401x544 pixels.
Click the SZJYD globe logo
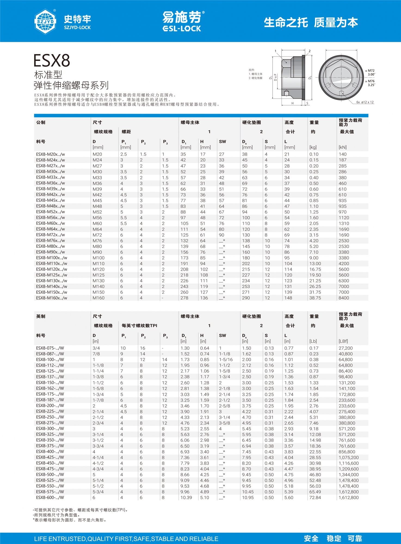tap(45, 21)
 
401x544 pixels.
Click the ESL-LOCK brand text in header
tap(182, 29)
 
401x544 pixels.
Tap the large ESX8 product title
tap(52, 60)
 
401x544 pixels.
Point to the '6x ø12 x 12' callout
tap(365, 102)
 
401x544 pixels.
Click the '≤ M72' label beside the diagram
tap(370, 71)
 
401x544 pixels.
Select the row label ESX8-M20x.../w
tap(50, 154)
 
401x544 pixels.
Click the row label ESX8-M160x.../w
tap(51, 298)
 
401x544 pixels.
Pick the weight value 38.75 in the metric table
tap(315, 298)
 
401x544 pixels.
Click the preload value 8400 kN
tap(344, 298)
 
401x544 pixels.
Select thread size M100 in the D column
tap(98, 258)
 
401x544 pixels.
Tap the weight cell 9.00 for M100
tap(314, 258)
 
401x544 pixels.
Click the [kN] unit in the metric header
tap(343, 147)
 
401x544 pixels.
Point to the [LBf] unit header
tap(343, 341)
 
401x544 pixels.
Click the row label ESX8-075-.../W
tap(50, 348)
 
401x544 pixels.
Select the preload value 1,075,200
tap(348, 458)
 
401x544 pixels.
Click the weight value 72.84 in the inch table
tap(315, 497)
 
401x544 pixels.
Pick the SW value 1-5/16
tap(226, 360)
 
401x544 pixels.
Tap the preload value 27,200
tap(346, 348)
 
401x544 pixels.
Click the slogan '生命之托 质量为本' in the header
tap(311, 22)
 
